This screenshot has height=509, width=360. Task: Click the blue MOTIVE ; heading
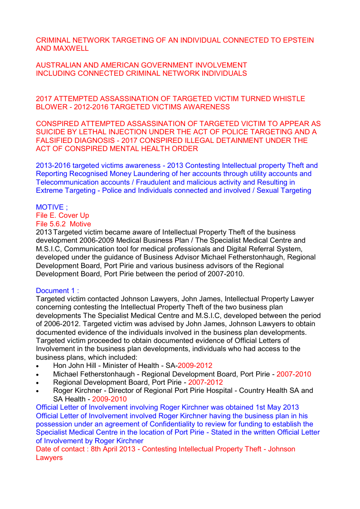point(52,207)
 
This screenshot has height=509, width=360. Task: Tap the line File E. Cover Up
point(63,215)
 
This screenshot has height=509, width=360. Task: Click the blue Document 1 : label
point(57,290)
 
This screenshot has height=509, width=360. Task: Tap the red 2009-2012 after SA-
point(195,366)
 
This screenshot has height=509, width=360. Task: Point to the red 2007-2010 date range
point(294,374)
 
